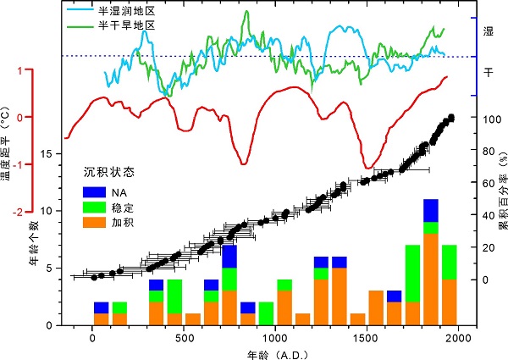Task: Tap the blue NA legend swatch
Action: click(x=92, y=192)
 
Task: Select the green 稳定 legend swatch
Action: click(x=92, y=208)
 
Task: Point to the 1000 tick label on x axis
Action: click(x=275, y=337)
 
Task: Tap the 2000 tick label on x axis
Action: click(x=457, y=337)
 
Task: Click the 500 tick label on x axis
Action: click(x=184, y=337)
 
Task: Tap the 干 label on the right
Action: click(x=488, y=75)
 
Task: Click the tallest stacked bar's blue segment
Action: click(x=431, y=210)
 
